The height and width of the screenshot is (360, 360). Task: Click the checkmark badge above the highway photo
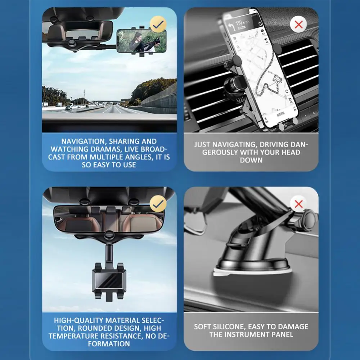coord(158,24)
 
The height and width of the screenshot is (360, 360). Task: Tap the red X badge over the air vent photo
coord(298,24)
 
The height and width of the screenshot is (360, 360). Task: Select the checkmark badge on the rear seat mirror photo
coord(158,203)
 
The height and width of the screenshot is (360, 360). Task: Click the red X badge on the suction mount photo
coord(298,204)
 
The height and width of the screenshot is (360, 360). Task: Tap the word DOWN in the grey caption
coord(251,160)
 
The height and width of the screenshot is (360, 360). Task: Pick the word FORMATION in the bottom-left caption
coord(109,344)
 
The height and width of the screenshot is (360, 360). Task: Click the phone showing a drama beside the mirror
coord(141,41)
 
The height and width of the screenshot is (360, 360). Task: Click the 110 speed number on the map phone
coord(239,23)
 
